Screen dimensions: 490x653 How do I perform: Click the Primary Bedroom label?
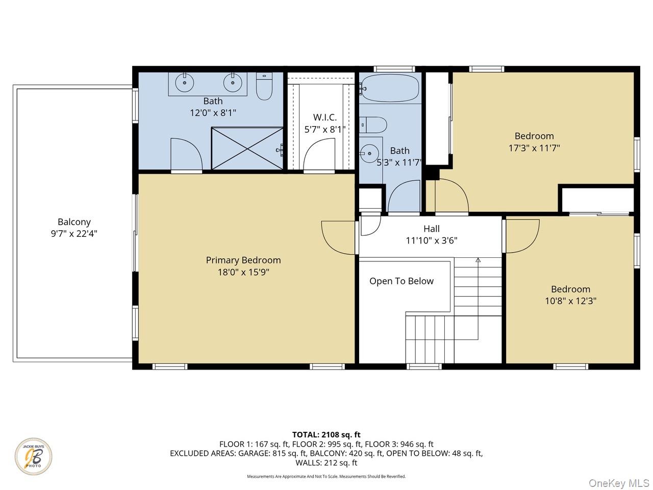(x=243, y=260)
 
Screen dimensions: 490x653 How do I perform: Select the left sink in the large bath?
(x=183, y=82)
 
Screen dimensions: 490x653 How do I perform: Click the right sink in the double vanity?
(x=233, y=82)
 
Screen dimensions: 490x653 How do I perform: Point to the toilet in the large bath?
(x=264, y=87)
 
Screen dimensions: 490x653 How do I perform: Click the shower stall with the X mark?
(x=247, y=149)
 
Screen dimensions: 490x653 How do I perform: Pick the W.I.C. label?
(x=325, y=117)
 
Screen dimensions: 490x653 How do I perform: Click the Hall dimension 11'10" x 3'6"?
(x=431, y=240)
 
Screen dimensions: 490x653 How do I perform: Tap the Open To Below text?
(x=401, y=281)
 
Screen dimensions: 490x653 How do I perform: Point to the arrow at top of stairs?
(x=478, y=260)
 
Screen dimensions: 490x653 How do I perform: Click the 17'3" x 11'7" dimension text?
(x=534, y=148)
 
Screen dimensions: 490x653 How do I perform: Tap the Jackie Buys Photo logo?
(x=33, y=456)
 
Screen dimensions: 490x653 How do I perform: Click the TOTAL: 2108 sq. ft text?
(x=326, y=435)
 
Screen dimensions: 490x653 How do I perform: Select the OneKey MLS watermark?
(x=619, y=483)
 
